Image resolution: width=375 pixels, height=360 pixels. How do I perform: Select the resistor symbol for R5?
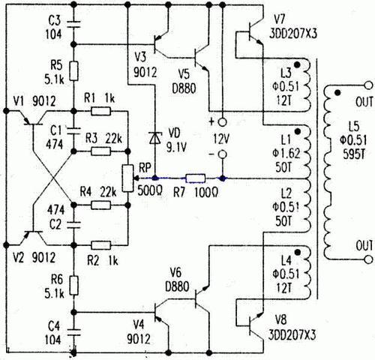pos(74,69)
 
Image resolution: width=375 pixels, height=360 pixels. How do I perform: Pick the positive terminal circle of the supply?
pos(221,120)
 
